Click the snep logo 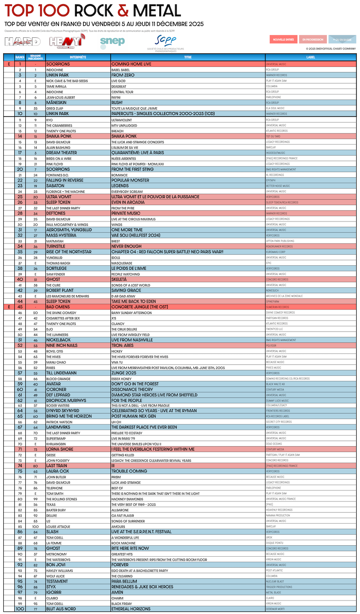[x=112, y=41]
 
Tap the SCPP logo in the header [x=166, y=41]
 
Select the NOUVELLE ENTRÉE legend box [x=283, y=40]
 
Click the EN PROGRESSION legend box [x=313, y=40]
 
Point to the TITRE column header [x=188, y=57]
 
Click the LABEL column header [x=310, y=57]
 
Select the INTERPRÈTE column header [x=78, y=57]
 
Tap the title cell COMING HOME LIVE [x=131, y=64]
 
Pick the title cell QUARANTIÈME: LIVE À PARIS [x=137, y=153]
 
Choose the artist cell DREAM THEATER [x=62, y=153]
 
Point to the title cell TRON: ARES [x=123, y=345]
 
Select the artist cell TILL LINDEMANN [x=61, y=373]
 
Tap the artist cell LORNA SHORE [x=60, y=449]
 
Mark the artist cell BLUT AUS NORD [x=61, y=609]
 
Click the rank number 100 [x=20, y=609]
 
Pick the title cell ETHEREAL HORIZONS [x=131, y=609]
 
